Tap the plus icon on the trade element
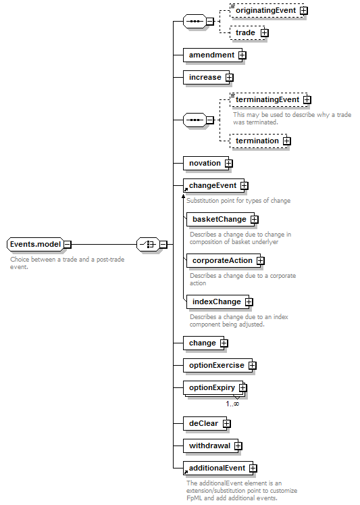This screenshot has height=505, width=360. click(x=265, y=33)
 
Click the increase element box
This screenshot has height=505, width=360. click(x=207, y=77)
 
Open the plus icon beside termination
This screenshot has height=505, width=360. click(x=286, y=141)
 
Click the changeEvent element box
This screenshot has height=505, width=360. click(x=214, y=186)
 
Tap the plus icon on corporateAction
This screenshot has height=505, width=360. click(x=261, y=261)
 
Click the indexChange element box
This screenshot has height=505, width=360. click(x=218, y=302)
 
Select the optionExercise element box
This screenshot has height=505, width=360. click(x=218, y=366)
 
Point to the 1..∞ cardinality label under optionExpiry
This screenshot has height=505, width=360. click(x=232, y=404)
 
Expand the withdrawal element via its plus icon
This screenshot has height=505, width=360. click(x=238, y=446)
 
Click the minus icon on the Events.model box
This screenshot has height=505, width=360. click(x=68, y=245)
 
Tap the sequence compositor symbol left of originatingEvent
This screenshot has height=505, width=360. click(x=195, y=22)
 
